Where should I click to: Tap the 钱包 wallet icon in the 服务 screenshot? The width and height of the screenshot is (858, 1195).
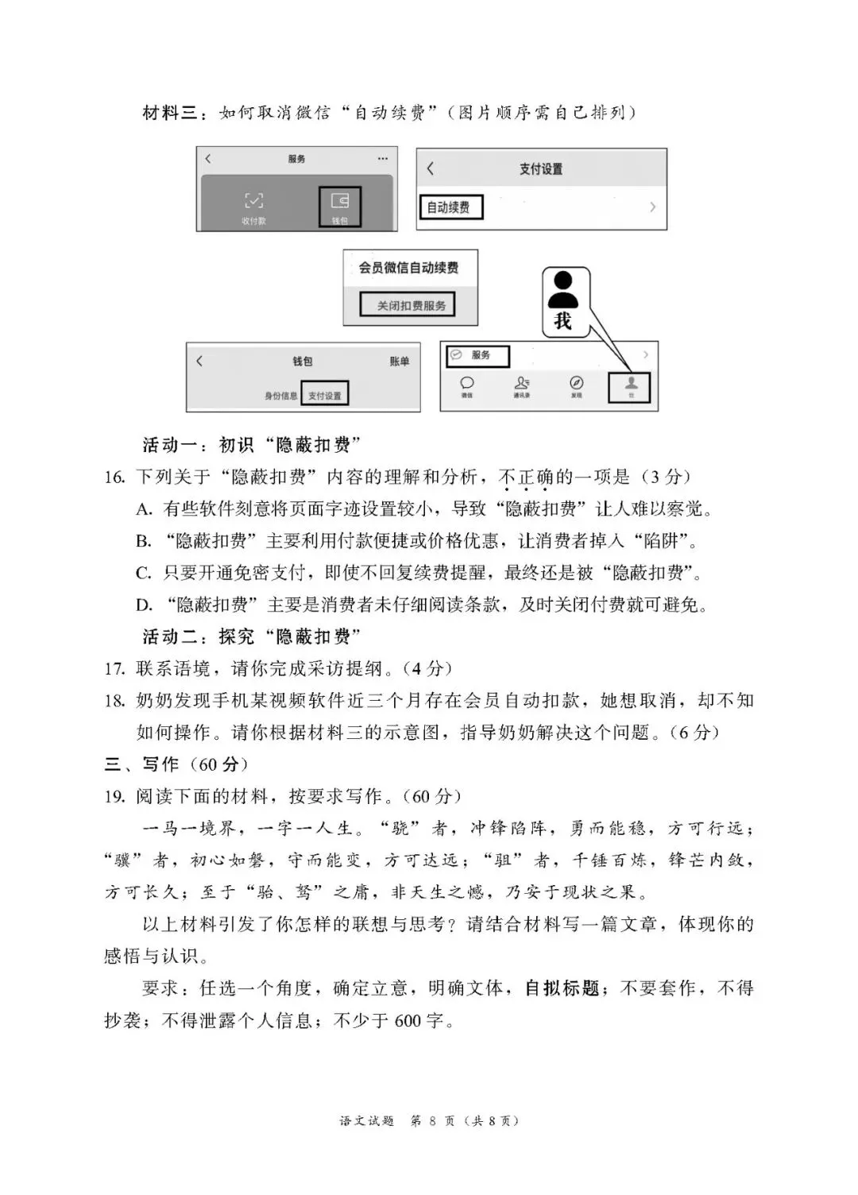tap(340, 202)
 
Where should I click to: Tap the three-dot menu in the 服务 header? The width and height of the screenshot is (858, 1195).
tap(383, 159)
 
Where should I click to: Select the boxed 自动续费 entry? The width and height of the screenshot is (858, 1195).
tap(450, 207)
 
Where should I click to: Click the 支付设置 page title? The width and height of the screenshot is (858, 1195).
tap(541, 168)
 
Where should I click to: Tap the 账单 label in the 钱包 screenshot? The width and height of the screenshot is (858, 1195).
tap(400, 362)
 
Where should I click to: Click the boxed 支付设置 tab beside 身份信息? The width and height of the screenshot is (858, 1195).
tap(325, 395)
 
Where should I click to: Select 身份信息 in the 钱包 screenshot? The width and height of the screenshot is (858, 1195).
tap(280, 396)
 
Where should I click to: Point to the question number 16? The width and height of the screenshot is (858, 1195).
tap(114, 478)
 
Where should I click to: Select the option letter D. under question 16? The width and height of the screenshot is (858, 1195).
tap(144, 605)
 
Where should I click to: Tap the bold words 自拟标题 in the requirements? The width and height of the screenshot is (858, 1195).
tap(562, 988)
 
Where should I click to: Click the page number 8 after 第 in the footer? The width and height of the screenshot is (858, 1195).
tap(433, 1121)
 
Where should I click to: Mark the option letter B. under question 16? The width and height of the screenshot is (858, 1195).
tap(144, 542)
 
